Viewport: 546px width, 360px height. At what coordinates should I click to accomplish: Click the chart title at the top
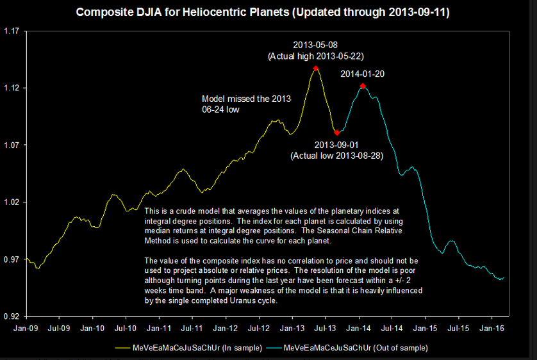click(x=263, y=13)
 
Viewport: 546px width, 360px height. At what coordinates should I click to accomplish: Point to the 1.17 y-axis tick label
click(x=13, y=31)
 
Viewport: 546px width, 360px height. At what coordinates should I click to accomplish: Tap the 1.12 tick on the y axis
click(x=13, y=88)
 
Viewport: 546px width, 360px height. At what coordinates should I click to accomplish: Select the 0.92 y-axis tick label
click(x=13, y=316)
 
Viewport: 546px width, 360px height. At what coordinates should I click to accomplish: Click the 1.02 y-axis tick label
click(x=13, y=202)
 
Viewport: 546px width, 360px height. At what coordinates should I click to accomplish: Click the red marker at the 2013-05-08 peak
click(x=316, y=68)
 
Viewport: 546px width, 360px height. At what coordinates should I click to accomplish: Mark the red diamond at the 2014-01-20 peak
click(x=363, y=86)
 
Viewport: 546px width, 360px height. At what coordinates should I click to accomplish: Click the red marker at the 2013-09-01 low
click(x=337, y=133)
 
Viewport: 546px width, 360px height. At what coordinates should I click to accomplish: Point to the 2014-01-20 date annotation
click(x=363, y=74)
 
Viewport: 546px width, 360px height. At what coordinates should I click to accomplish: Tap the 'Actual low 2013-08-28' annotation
click(x=336, y=155)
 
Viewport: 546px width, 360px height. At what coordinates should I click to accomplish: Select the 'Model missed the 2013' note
click(x=246, y=99)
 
